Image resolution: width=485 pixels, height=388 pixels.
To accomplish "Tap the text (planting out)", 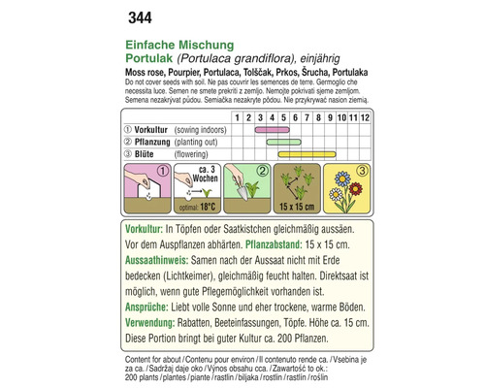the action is pyautogui.click(x=208, y=141).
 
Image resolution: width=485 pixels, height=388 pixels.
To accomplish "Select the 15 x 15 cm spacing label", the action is pyautogui.click(x=296, y=208).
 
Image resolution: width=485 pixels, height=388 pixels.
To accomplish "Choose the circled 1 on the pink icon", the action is pyautogui.click(x=163, y=173).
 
